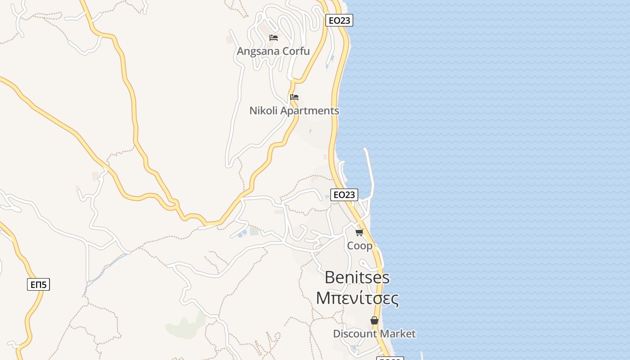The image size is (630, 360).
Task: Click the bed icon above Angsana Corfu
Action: tap(273, 37)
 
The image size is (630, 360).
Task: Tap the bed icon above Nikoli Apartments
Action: tap(294, 97)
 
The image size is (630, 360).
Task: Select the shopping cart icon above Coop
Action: tap(359, 232)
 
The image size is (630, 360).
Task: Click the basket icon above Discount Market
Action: tap(374, 320)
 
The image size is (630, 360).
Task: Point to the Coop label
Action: tap(360, 246)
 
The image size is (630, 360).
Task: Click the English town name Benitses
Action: tap(357, 277)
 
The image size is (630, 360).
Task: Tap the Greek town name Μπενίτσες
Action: tap(357, 298)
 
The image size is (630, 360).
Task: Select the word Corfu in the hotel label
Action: tap(297, 51)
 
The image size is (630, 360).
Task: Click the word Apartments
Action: tap(309, 110)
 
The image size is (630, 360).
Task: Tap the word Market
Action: tap(397, 333)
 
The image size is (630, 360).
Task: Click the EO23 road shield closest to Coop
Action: tap(344, 194)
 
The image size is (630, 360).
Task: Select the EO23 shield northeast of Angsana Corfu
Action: tap(339, 20)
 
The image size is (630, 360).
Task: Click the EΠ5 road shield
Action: tap(38, 284)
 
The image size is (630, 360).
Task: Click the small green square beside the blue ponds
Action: tap(254, 231)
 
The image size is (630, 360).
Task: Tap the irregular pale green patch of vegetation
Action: tap(184, 326)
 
